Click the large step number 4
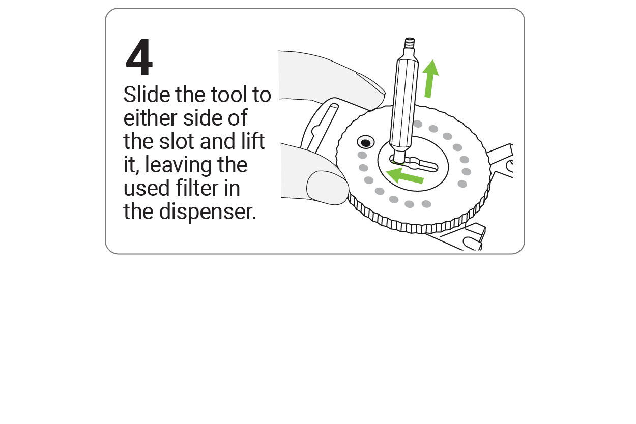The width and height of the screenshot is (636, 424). (139, 57)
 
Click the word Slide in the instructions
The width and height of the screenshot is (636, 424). (147, 94)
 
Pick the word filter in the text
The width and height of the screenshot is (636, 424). (197, 188)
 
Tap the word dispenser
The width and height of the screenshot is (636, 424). (207, 212)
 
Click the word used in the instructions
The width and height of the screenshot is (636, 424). (146, 188)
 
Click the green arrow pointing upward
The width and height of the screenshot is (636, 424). (430, 79)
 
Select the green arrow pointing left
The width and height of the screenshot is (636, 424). (404, 176)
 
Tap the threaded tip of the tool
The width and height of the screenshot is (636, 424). (410, 43)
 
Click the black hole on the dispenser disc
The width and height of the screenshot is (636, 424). (366, 143)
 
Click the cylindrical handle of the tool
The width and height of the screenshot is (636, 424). (404, 105)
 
